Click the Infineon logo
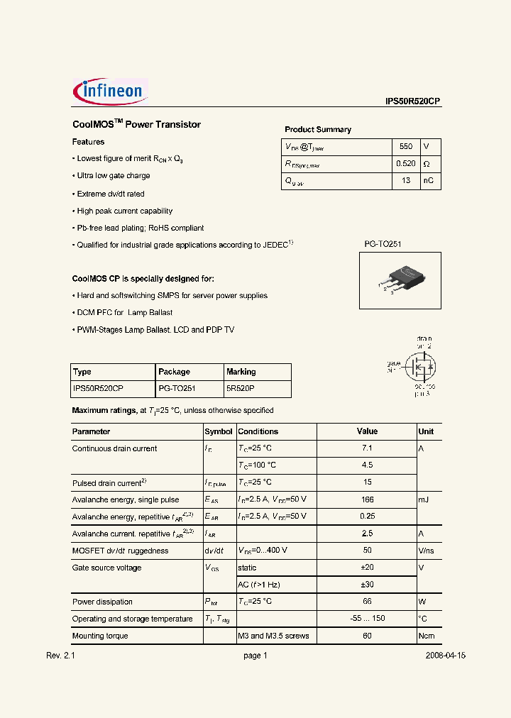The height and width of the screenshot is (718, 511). coord(109,92)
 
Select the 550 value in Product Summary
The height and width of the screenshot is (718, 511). coord(405,147)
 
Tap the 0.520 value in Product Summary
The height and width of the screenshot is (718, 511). coord(406,164)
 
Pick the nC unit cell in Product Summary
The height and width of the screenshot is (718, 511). coord(428,181)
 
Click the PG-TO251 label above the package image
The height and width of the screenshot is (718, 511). coord(383,244)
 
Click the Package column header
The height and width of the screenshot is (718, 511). coord(174,372)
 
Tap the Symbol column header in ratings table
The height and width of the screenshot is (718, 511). coord(219,431)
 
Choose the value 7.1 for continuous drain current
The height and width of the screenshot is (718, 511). coord(367,448)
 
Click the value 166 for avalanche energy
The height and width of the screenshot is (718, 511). coord(367,499)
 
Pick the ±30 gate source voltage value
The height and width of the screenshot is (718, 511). coord(367,585)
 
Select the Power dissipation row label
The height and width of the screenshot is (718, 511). coord(102,602)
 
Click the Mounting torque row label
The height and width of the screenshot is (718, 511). coord(100,636)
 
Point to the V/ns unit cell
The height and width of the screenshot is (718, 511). coord(426,551)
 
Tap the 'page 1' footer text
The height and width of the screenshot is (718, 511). coord(255,656)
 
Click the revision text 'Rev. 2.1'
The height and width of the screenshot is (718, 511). coord(60,656)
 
